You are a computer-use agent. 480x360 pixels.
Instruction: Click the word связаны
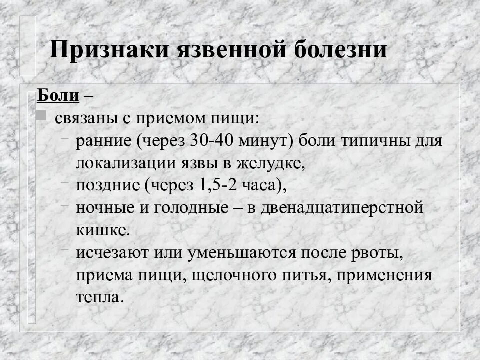pos(83,118)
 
